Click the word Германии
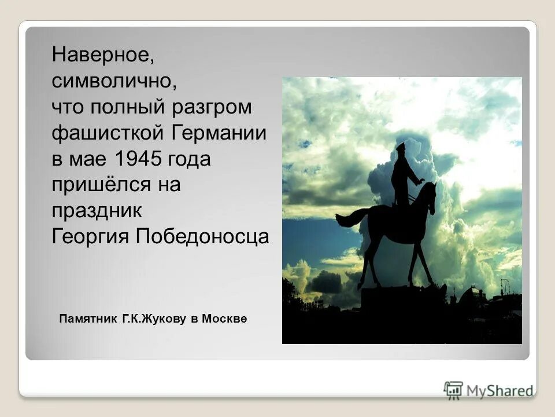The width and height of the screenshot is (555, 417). point(219,133)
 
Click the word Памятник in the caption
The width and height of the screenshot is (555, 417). point(88,319)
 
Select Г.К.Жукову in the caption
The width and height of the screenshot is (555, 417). point(153,319)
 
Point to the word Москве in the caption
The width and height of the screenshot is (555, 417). point(225,319)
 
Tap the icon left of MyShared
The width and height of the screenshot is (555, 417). point(453,390)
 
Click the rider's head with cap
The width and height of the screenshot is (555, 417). point(400,148)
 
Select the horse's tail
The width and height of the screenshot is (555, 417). point(349,218)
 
